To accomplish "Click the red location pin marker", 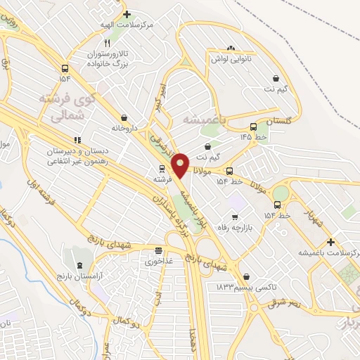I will (181, 165).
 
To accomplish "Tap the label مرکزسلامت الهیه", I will (127, 25).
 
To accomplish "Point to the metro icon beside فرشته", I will (162, 169).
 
